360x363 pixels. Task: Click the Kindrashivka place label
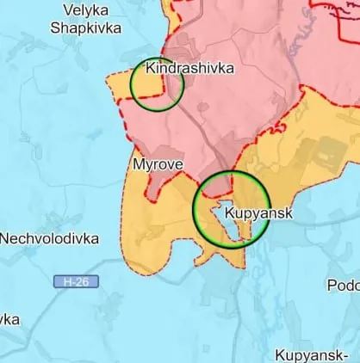[x=190, y=68]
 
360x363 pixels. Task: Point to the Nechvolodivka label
[x=49, y=239]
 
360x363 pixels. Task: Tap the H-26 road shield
[x=76, y=281]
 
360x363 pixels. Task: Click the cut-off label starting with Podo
[x=343, y=285]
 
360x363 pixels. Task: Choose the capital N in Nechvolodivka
[x=5, y=239]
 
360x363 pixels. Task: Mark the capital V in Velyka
[x=68, y=9]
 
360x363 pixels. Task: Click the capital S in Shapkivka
[x=55, y=28]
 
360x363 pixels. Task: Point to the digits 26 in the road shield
[x=82, y=281]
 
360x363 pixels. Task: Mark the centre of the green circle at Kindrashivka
[x=157, y=84]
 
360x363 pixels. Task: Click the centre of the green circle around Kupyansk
[x=231, y=210]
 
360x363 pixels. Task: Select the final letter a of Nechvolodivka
[x=94, y=239]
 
